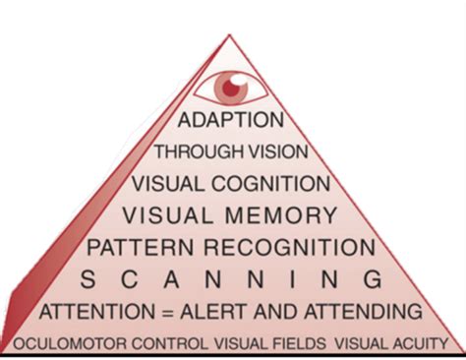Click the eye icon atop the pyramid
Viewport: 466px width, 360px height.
click(x=231, y=87)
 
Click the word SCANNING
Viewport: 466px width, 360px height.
click(x=229, y=279)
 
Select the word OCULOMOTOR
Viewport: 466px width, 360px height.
click(x=61, y=344)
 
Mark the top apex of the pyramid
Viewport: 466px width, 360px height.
click(x=229, y=35)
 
